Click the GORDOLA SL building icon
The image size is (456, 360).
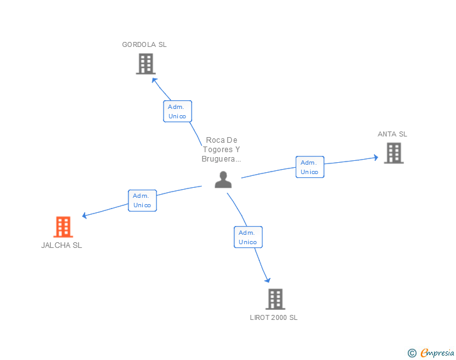[145, 64]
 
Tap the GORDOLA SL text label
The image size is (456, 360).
[144, 44]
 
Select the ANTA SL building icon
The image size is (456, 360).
[393, 153]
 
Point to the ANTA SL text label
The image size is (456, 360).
[392, 134]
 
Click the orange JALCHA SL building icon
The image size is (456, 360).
[63, 227]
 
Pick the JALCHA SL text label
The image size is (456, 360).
[61, 245]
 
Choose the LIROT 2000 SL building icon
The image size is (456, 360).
[275, 299]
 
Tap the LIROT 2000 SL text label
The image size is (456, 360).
[274, 317]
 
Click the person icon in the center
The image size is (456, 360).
[223, 180]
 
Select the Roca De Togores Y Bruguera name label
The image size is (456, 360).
[221, 150]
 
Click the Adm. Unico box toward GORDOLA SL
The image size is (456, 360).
[177, 111]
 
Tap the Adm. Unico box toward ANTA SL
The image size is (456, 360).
[309, 167]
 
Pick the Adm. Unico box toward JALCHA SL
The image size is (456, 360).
[142, 200]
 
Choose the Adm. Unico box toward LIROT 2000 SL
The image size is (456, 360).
[248, 237]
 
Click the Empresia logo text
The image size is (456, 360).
[437, 352]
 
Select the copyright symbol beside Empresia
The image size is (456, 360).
[412, 353]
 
